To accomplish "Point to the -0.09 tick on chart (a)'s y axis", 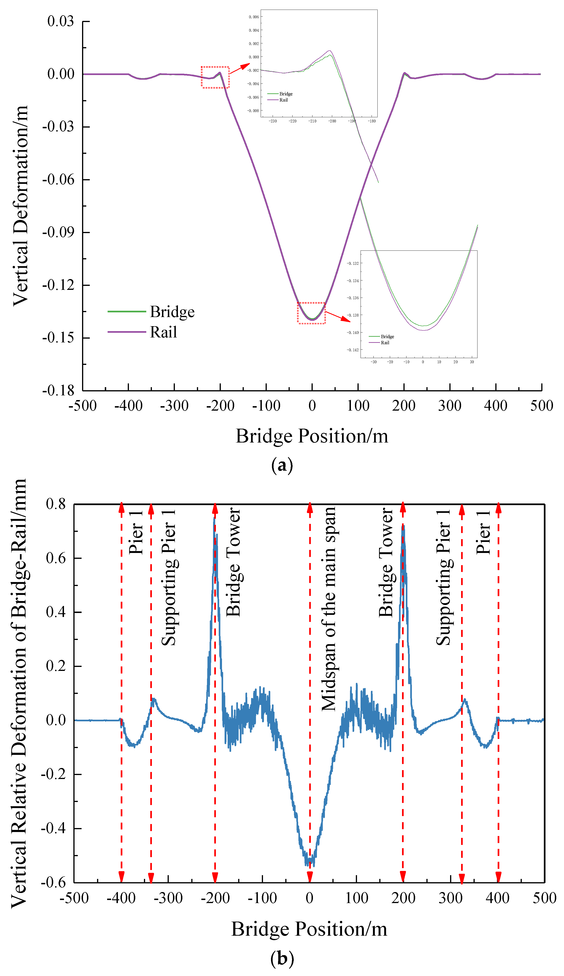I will click(x=58, y=232).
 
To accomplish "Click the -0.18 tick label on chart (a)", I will click(x=58, y=390).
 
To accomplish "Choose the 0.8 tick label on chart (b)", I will click(x=56, y=504).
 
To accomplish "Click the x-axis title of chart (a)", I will click(x=312, y=436).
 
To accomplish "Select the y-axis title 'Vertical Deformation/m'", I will click(x=20, y=205).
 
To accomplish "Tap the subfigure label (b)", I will click(x=282, y=959).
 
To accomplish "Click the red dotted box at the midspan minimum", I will click(x=311, y=313).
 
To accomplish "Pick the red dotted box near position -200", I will click(x=215, y=77).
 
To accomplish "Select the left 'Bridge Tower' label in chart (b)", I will click(x=233, y=562).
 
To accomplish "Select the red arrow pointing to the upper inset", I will click(x=240, y=68).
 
